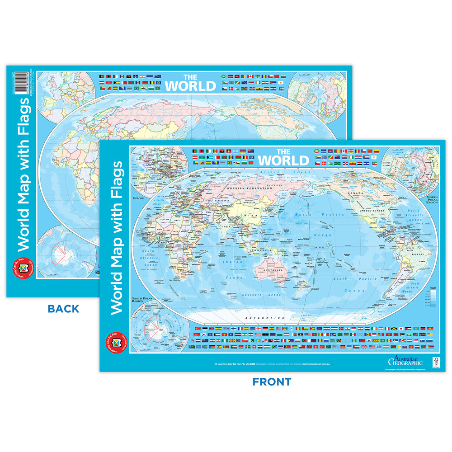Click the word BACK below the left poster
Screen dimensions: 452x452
[63, 309]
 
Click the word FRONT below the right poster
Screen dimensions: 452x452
[272, 382]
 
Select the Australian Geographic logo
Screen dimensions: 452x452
[405, 360]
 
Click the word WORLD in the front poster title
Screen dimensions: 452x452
[283, 160]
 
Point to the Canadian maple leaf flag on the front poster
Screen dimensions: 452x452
[344, 151]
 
